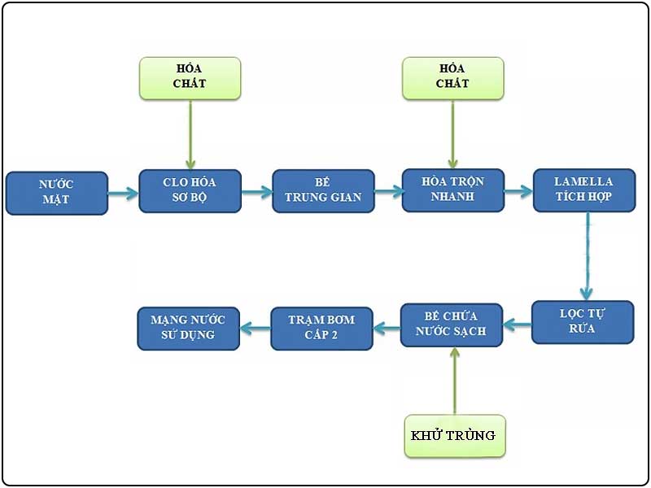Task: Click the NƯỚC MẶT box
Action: (56, 193)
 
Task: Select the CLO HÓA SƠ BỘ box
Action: (190, 191)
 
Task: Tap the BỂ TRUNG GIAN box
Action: (323, 191)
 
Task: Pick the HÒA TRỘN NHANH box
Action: (453, 190)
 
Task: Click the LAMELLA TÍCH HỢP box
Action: (583, 190)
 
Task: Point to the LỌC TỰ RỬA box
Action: (583, 321)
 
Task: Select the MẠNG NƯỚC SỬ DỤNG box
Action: (189, 328)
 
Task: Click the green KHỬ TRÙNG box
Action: (454, 435)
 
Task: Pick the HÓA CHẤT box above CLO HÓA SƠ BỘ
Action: (190, 78)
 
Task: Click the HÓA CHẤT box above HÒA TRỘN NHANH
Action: (453, 78)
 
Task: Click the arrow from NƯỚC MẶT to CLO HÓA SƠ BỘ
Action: (123, 194)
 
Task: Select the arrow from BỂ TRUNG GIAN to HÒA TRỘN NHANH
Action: (388, 193)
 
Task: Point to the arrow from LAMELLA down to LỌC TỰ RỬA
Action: (585, 256)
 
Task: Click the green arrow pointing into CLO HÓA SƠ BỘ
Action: (190, 134)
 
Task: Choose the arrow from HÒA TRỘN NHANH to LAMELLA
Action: (518, 193)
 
